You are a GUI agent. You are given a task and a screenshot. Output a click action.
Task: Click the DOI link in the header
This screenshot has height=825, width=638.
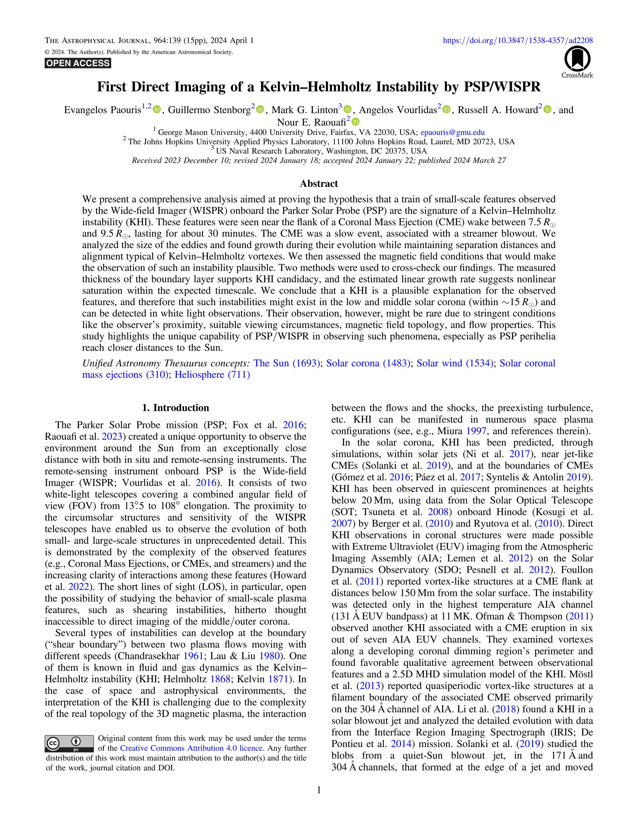point(517,40)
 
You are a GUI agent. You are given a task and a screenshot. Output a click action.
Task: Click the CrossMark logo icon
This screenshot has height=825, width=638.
point(577,59)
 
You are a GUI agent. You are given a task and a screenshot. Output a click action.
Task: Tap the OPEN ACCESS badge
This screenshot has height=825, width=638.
point(78,63)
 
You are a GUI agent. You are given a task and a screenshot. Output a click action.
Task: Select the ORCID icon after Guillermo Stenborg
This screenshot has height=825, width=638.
point(260,110)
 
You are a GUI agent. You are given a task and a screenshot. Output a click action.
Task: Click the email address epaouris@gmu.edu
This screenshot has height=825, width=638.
point(452,132)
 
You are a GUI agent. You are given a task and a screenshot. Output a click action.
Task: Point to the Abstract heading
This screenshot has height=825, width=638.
point(319,184)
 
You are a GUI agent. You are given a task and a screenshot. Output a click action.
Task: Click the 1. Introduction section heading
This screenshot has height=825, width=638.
point(175,408)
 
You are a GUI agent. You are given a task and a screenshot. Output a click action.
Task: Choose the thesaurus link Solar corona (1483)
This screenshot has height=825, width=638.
point(368,363)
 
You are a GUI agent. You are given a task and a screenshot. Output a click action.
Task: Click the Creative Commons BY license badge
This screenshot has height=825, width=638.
point(69,743)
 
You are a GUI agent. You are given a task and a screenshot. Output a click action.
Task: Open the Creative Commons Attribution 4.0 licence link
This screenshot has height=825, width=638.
point(191,748)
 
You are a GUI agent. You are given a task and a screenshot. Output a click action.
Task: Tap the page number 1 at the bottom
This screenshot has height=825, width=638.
point(319,790)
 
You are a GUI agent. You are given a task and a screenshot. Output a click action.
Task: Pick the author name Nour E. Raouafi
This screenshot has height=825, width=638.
point(312,122)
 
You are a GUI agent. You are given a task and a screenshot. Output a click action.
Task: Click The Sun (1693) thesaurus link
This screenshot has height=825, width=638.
point(287,363)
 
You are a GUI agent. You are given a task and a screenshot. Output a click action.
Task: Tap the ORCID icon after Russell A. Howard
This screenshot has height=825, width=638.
point(548,110)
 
